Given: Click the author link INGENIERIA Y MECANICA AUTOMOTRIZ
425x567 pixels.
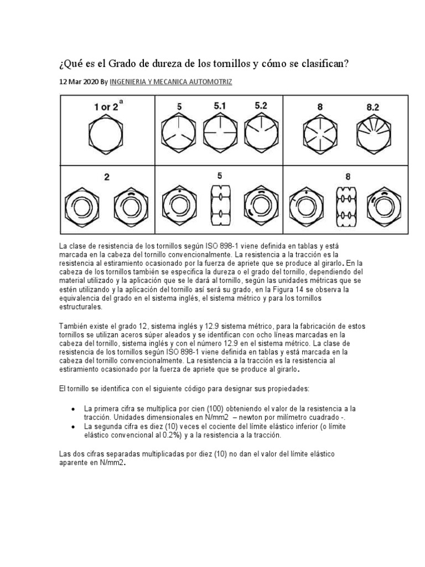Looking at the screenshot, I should pos(171,81).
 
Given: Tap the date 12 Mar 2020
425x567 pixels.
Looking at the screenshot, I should pos(79,81).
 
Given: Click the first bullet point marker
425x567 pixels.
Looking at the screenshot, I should pos(74,408).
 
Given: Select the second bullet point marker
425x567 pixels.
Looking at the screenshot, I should pos(74,426).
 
